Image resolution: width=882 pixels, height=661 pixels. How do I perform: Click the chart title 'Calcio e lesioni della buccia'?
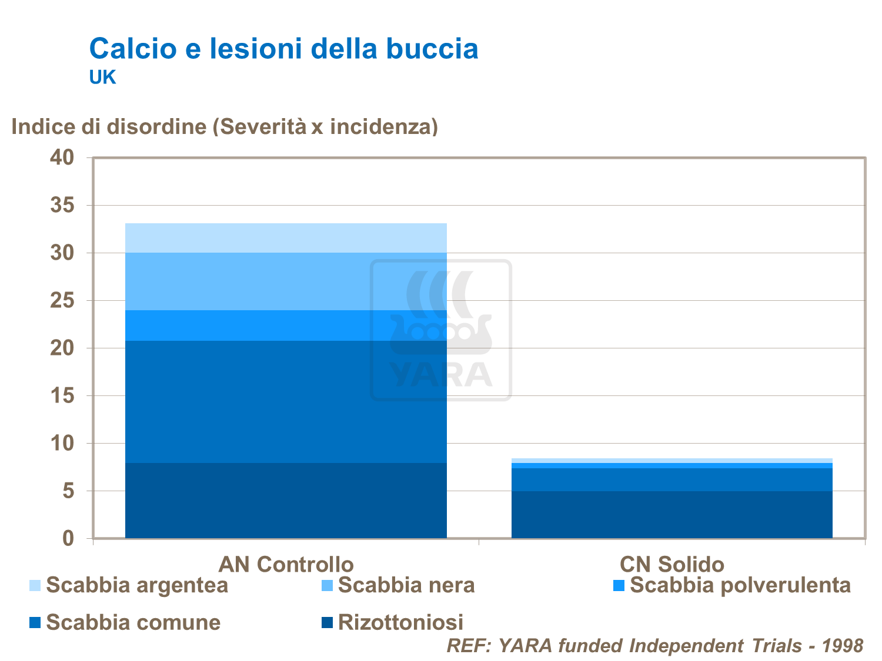click(x=283, y=49)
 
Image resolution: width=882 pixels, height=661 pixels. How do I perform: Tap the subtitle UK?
click(x=102, y=78)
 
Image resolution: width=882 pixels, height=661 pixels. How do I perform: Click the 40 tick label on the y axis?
click(x=62, y=157)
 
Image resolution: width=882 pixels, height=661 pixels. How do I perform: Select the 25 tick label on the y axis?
click(x=62, y=301)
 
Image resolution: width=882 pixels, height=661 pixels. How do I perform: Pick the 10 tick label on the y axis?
click(x=62, y=444)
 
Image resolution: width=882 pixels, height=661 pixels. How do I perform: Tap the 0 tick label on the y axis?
click(x=68, y=538)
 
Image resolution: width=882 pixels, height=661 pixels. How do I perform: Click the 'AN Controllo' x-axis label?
click(x=286, y=564)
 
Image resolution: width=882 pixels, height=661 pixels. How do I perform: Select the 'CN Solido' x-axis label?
click(x=671, y=564)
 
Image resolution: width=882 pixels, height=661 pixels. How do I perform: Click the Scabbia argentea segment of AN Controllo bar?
click(x=286, y=238)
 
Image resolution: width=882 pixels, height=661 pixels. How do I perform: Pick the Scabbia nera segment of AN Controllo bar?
click(x=286, y=281)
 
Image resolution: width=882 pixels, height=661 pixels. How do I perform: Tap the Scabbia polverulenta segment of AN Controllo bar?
click(x=286, y=326)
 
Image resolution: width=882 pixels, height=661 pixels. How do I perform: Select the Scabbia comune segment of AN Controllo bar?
click(x=286, y=402)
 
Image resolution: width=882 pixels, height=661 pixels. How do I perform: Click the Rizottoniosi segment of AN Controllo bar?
click(x=286, y=501)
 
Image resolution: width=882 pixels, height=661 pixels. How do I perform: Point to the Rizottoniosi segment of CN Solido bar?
click(x=671, y=515)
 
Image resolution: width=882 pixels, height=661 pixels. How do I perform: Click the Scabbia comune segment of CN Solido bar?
click(x=671, y=479)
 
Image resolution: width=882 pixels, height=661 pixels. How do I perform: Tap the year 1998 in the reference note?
click(x=842, y=646)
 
